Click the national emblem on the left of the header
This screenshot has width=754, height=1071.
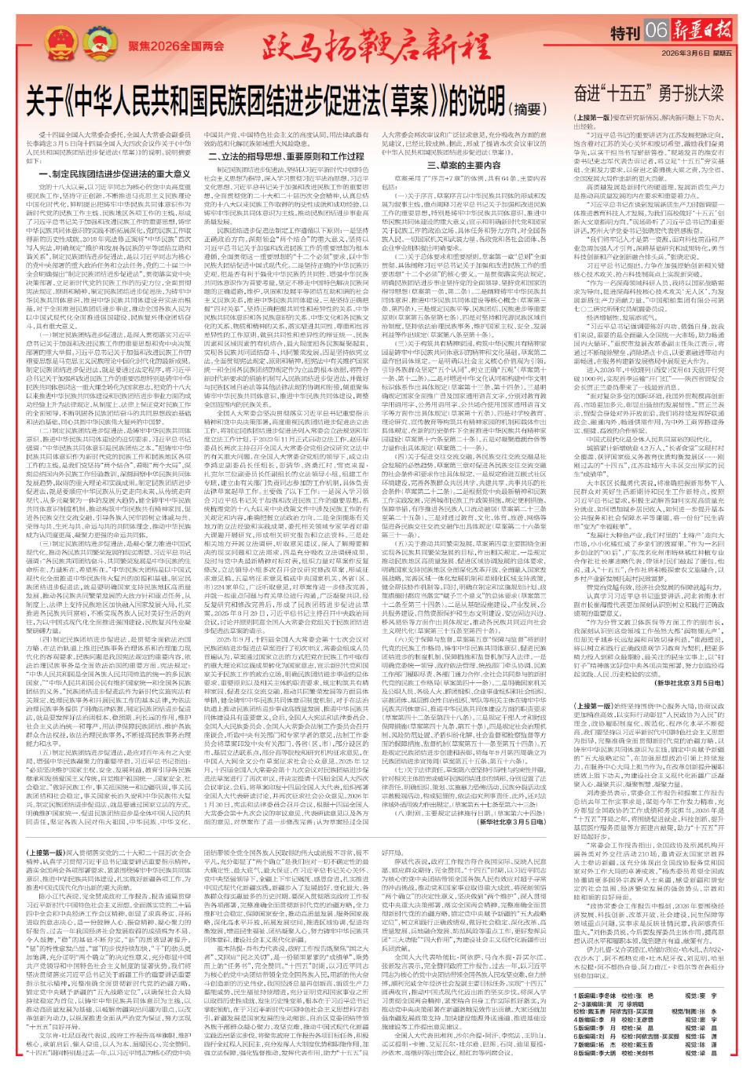pyautogui.click(x=59, y=43)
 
